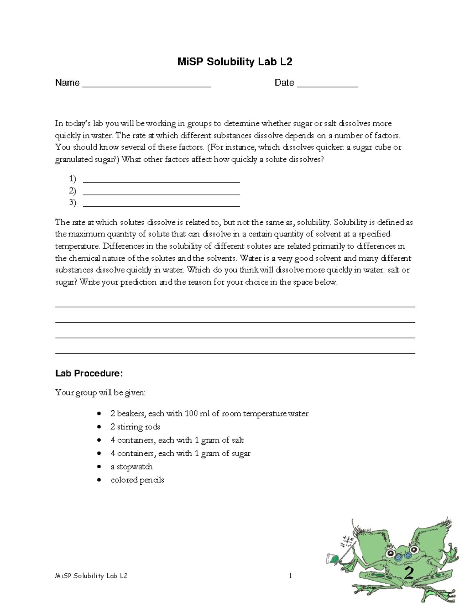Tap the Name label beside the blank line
(x=67, y=83)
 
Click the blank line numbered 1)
(x=161, y=182)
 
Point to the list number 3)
(x=72, y=202)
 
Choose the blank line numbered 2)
(x=161, y=194)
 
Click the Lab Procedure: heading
(x=89, y=373)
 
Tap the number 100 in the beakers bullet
(x=191, y=413)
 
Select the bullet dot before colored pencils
(x=99, y=480)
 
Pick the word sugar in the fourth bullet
(x=240, y=453)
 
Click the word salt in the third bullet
(x=237, y=440)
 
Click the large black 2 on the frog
(x=409, y=574)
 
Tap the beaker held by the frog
(x=332, y=558)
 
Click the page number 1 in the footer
(x=290, y=576)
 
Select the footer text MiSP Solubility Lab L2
(x=91, y=576)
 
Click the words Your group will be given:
(x=100, y=392)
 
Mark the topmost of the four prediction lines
(x=235, y=307)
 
